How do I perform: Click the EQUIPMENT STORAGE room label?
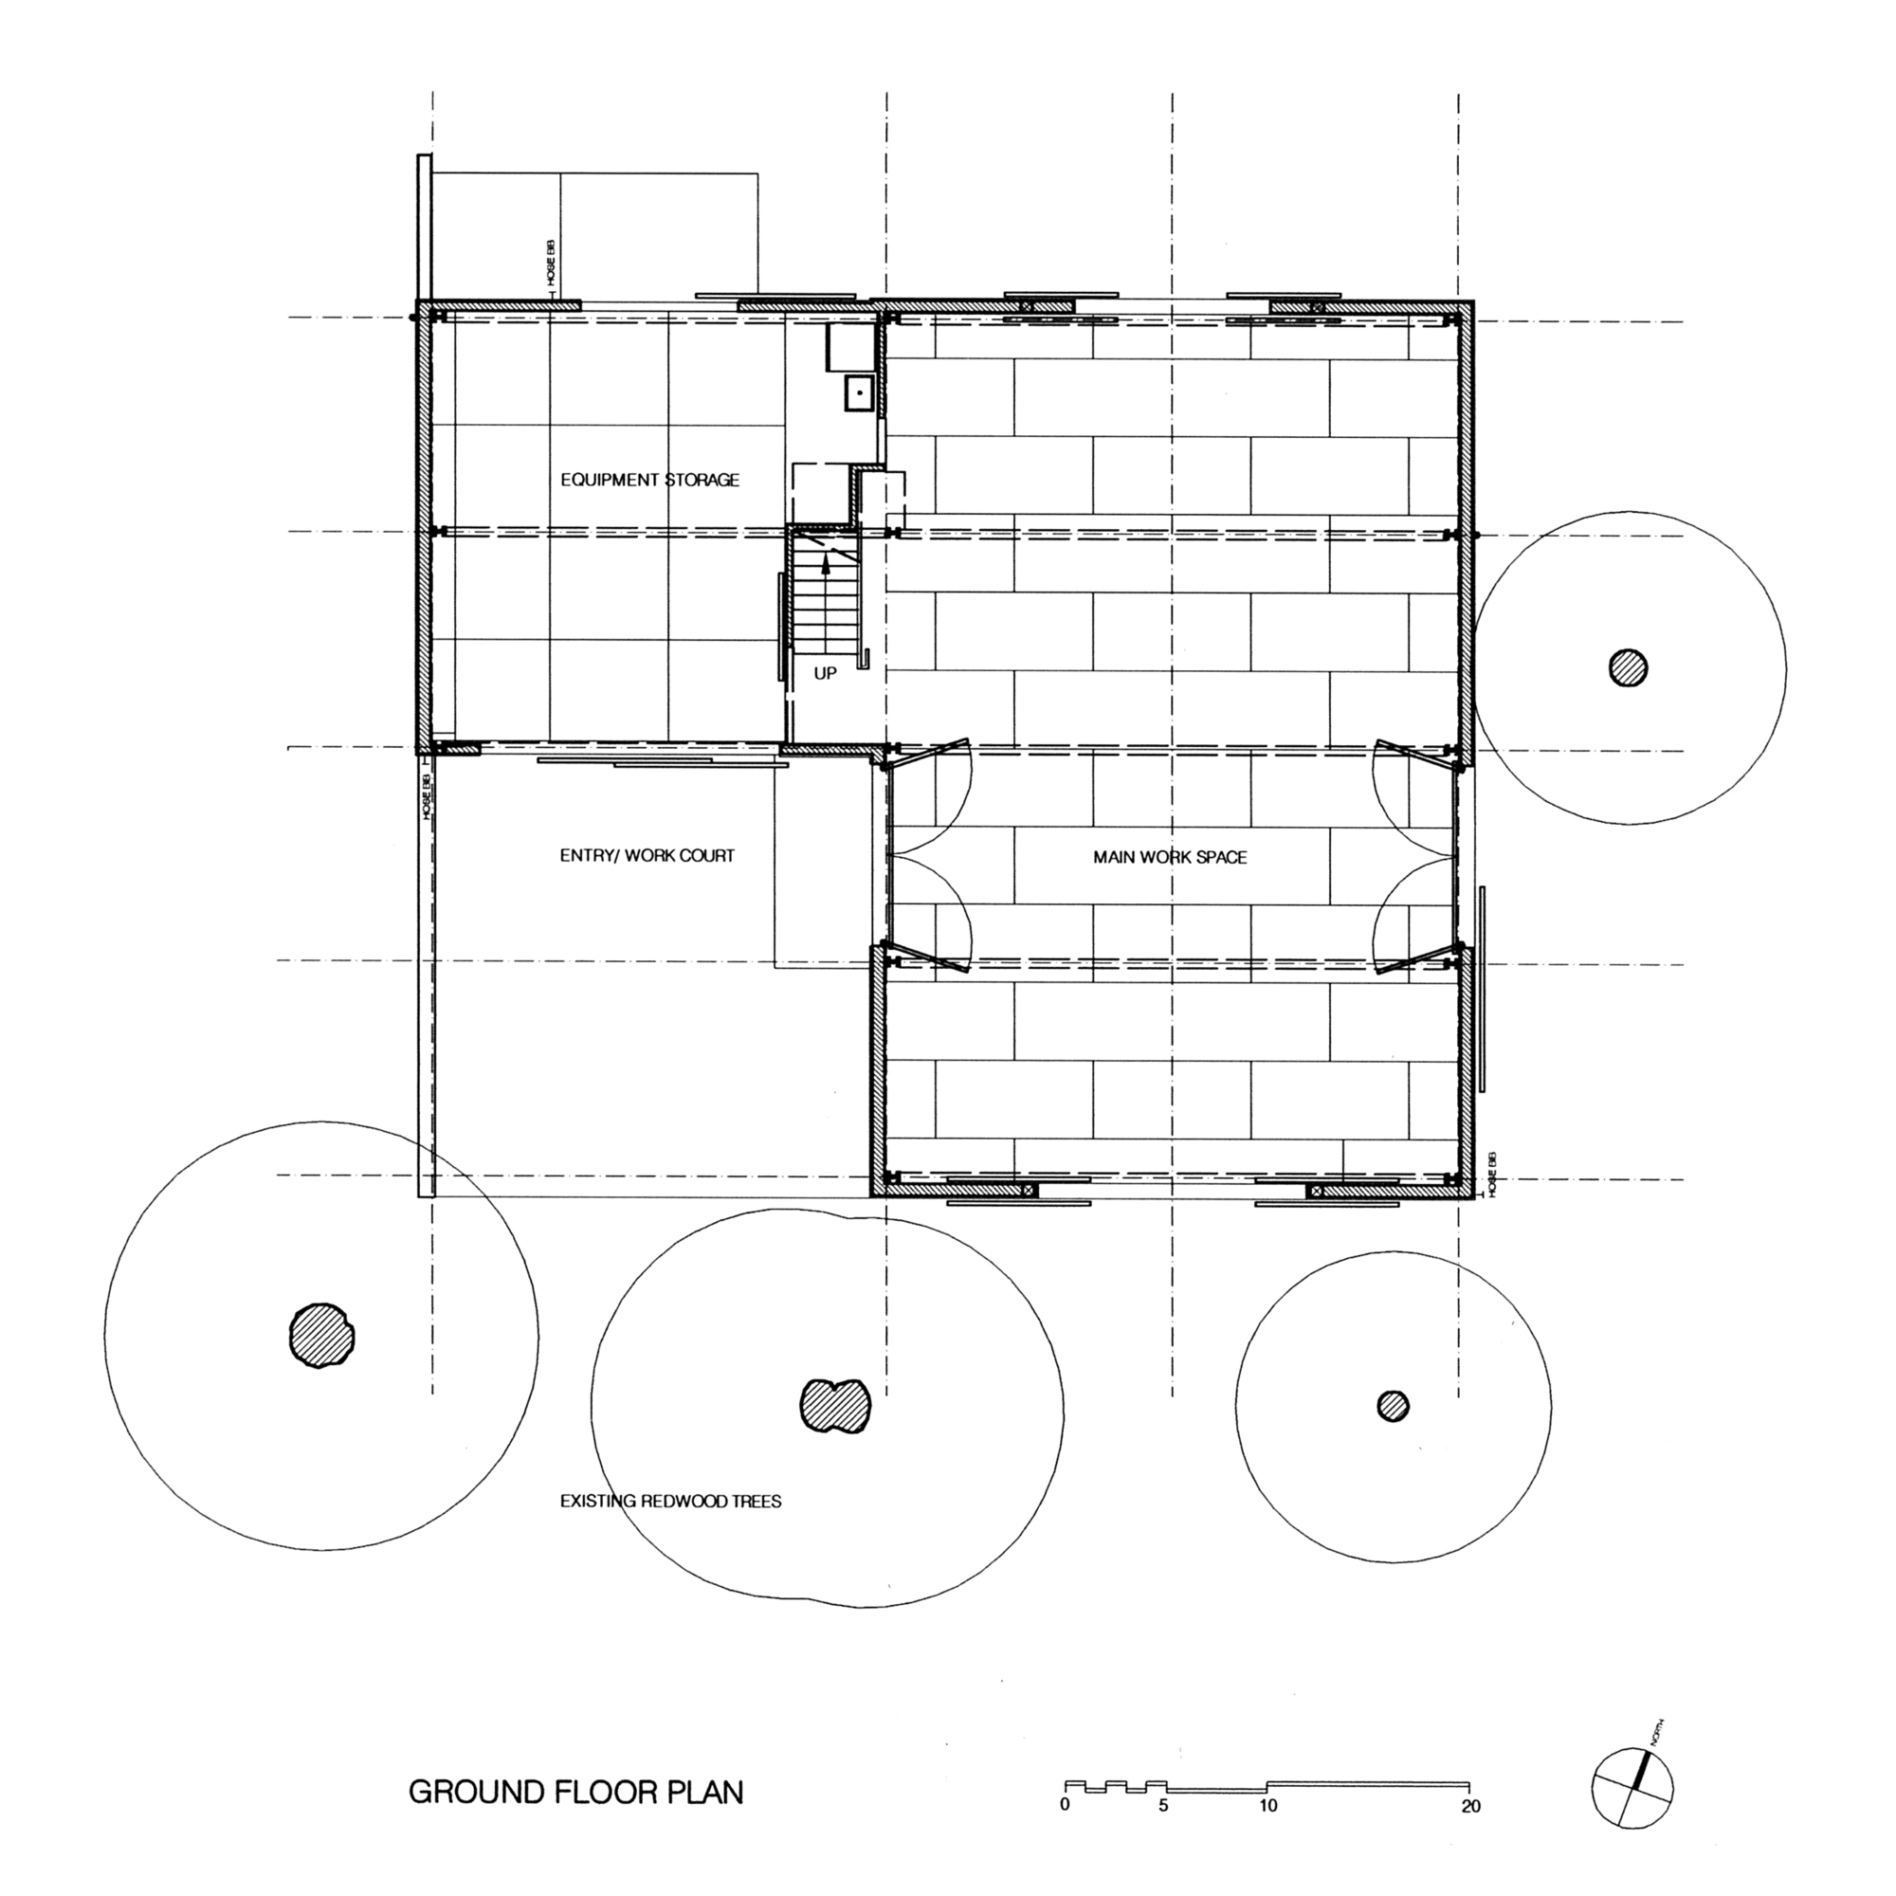(x=649, y=480)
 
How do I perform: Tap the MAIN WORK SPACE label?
(x=1170, y=857)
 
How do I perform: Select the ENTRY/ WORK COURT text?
(x=647, y=855)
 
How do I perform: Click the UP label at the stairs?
(x=826, y=674)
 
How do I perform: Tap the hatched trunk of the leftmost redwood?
(x=321, y=1336)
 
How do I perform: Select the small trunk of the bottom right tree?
(x=1393, y=1405)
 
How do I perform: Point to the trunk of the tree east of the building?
(x=1628, y=668)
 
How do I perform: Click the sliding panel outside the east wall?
(x=1483, y=988)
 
